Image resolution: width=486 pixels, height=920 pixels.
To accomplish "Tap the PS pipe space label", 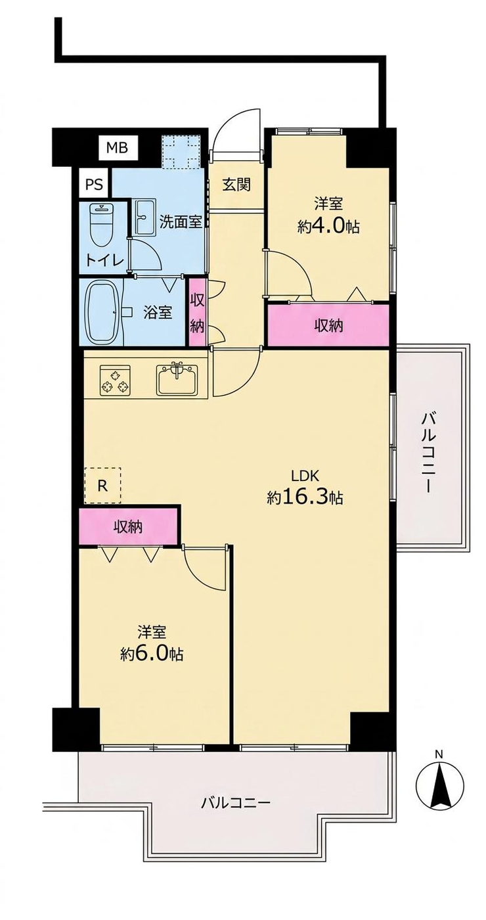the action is click(x=94, y=185).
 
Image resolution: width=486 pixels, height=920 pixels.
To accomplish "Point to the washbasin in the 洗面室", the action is click(x=144, y=218).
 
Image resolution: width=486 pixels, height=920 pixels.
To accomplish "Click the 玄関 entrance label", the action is click(x=236, y=185).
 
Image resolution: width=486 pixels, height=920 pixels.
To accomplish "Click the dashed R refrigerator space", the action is click(x=102, y=485).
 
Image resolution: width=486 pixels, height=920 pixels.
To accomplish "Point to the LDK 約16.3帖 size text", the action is click(x=305, y=488).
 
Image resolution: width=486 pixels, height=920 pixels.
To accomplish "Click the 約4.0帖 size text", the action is click(x=328, y=226).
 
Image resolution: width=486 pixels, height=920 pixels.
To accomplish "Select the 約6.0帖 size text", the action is click(x=152, y=655).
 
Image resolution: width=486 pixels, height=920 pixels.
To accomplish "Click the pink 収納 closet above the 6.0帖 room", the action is click(x=128, y=526).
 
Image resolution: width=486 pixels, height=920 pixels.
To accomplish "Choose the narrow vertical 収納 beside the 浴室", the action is click(x=197, y=311).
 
